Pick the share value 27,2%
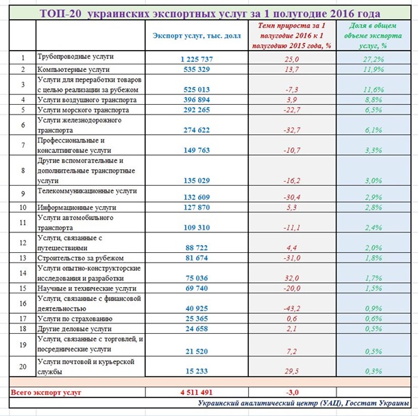coord(374,60)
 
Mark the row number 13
coord(23,258)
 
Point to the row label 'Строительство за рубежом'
coord(82,258)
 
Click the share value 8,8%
coord(374,99)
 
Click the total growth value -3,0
coord(293,393)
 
